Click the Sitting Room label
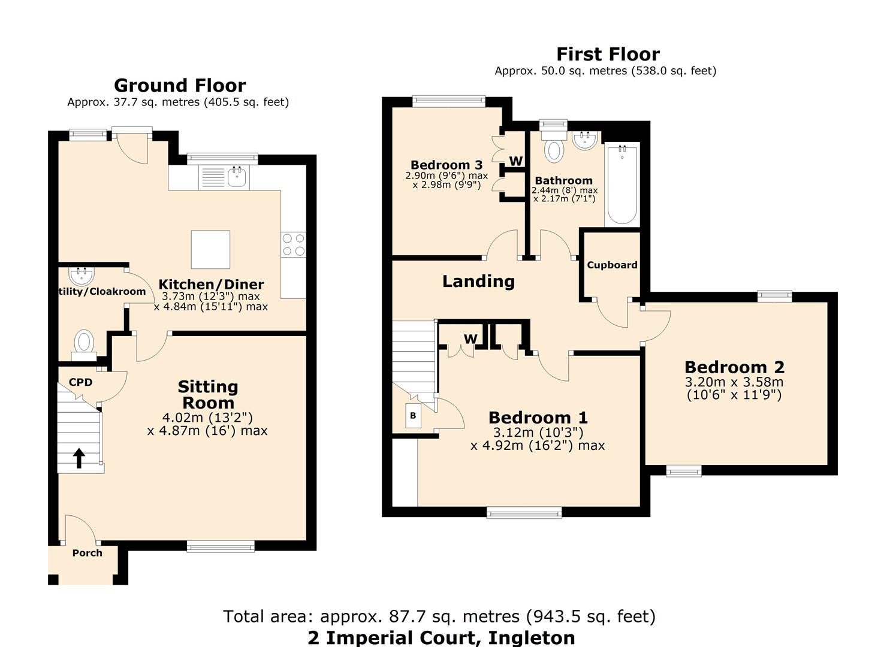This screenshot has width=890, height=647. click(x=208, y=395)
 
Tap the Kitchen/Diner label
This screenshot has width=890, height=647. click(x=211, y=285)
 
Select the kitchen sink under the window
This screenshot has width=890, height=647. click(x=238, y=177)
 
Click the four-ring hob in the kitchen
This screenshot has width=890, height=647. click(x=293, y=244)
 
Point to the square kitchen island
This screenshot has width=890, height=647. click(x=210, y=249)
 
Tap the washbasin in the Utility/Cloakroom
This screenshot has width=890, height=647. click(x=81, y=276)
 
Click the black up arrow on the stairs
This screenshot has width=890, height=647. click(x=79, y=458)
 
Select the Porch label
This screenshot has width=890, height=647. click(x=88, y=553)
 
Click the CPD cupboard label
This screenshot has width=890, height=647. click(x=80, y=382)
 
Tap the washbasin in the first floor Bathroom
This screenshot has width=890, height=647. click(x=584, y=141)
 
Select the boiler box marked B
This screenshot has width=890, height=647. click(x=413, y=415)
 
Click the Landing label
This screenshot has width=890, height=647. click(x=478, y=281)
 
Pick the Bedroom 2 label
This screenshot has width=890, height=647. click(x=734, y=367)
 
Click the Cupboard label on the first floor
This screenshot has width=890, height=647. click(x=612, y=265)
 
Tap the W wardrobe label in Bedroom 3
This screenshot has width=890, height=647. click(x=516, y=161)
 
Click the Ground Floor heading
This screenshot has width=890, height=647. click(x=180, y=85)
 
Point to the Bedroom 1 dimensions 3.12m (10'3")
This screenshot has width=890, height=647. click(x=538, y=433)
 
